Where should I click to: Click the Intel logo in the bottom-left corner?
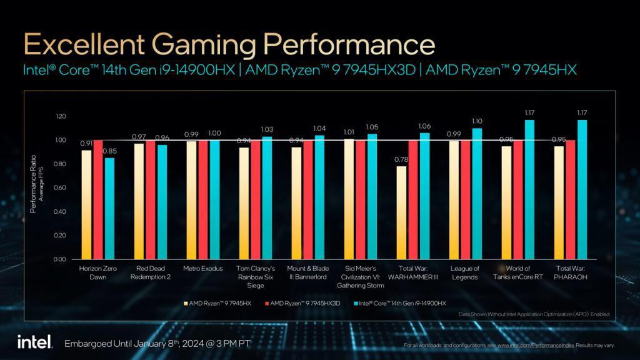29,342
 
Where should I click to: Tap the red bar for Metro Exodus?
203,199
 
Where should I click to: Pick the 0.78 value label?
401,160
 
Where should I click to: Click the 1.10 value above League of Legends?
477,121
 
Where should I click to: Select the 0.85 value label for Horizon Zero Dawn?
109,151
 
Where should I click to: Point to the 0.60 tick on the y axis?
60,187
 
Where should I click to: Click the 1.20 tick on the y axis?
60,116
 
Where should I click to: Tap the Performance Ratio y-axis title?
34,184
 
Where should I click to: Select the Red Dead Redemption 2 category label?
150,272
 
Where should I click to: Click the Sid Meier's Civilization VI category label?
360,277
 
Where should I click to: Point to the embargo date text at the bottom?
157,344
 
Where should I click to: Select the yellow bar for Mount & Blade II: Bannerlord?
296,203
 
